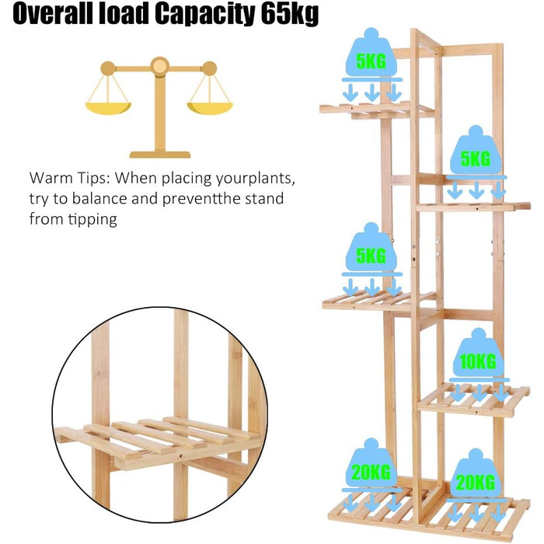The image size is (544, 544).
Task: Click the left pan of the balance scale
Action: [108, 108]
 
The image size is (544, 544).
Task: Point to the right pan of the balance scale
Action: [210, 108]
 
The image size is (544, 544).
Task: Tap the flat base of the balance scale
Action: [160, 155]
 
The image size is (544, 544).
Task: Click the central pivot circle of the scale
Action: [160, 66]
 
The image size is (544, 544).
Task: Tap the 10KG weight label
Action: [478, 361]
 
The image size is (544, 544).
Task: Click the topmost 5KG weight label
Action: [371, 61]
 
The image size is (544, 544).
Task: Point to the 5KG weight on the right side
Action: [476, 159]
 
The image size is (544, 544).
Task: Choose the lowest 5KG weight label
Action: [371, 256]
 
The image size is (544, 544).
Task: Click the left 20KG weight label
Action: [371, 472]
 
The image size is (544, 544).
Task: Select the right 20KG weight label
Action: [476, 483]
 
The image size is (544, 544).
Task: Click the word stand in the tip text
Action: [264, 199]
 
